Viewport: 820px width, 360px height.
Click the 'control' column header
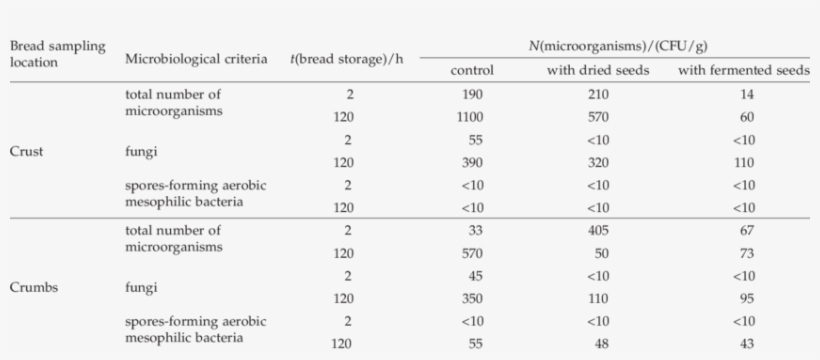[x=472, y=69]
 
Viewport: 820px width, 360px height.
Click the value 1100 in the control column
[x=472, y=116]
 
